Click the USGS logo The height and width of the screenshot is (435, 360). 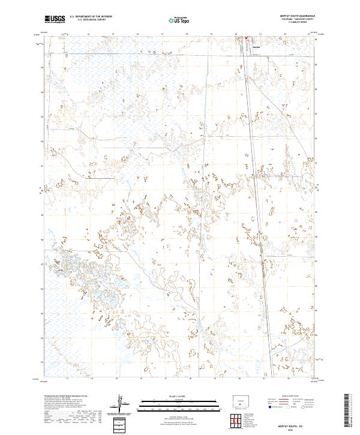55,19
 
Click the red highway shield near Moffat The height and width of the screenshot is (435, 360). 245,41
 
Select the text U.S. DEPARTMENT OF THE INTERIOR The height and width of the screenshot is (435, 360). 91,16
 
